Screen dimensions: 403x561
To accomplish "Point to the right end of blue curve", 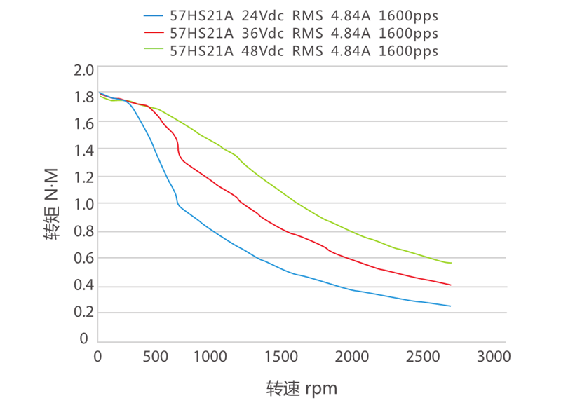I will (450, 306).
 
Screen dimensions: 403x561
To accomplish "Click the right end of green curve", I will (451, 263).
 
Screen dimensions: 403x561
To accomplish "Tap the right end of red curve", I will (450, 285).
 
